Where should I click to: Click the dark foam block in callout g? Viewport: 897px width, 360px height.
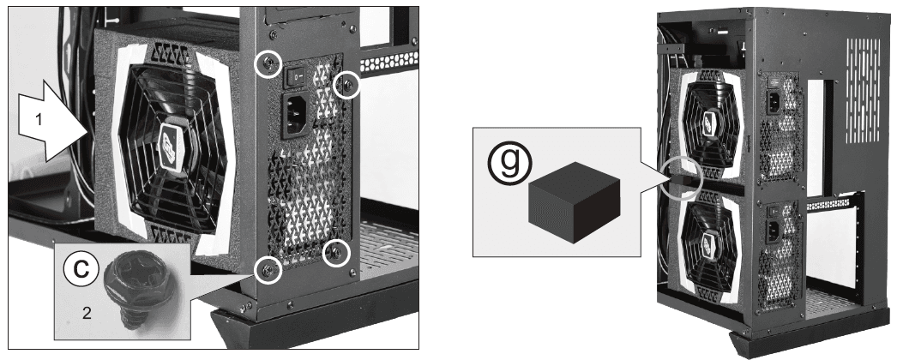(573, 202)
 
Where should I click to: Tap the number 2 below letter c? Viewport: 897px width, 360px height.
(87, 314)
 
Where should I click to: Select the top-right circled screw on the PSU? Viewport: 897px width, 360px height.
(346, 85)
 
